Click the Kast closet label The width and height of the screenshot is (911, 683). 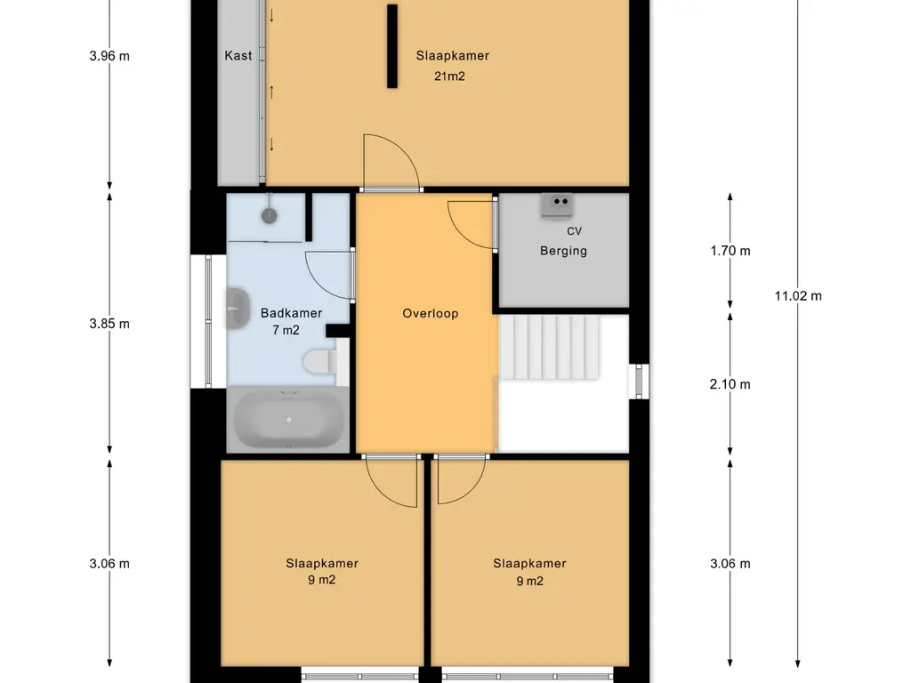(x=238, y=56)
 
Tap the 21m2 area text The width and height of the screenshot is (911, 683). (x=449, y=76)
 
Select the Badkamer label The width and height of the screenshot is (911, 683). (x=291, y=313)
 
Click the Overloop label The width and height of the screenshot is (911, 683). (x=431, y=314)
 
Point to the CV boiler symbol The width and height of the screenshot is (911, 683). (x=557, y=205)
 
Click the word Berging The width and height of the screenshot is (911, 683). (x=563, y=251)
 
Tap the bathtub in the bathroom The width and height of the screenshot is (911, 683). (x=289, y=420)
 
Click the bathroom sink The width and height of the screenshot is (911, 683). (x=237, y=308)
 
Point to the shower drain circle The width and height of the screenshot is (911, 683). (x=269, y=216)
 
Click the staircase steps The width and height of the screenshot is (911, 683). (x=550, y=348)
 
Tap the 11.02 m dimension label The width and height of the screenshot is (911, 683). (x=798, y=296)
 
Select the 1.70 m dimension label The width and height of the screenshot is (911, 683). (x=730, y=251)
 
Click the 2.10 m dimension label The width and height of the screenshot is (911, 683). (x=730, y=384)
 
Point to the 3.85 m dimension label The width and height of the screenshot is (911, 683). (x=109, y=324)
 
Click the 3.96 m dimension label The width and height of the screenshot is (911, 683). (x=109, y=56)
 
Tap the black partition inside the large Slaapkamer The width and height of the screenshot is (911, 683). (x=392, y=46)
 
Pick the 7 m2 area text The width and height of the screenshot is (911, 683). (x=286, y=331)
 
